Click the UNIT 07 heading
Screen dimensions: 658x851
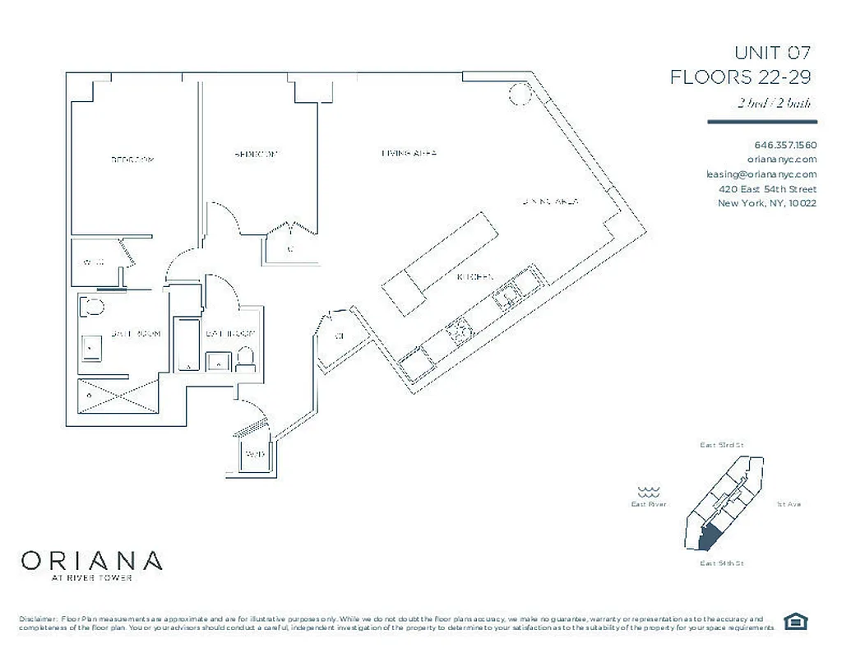772,53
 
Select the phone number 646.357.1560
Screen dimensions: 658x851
785,145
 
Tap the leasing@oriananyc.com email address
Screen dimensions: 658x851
761,174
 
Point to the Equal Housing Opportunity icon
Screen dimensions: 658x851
794,621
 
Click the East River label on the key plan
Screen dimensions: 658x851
649,504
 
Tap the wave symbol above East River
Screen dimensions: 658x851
650,489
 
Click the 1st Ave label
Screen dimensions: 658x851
788,504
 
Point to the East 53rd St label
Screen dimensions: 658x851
721,445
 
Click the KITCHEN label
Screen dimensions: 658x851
474,278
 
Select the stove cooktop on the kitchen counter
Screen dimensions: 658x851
457,331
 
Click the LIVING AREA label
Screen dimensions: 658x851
409,153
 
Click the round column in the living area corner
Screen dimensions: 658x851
520,95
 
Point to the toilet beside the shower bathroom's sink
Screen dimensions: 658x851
92,309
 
